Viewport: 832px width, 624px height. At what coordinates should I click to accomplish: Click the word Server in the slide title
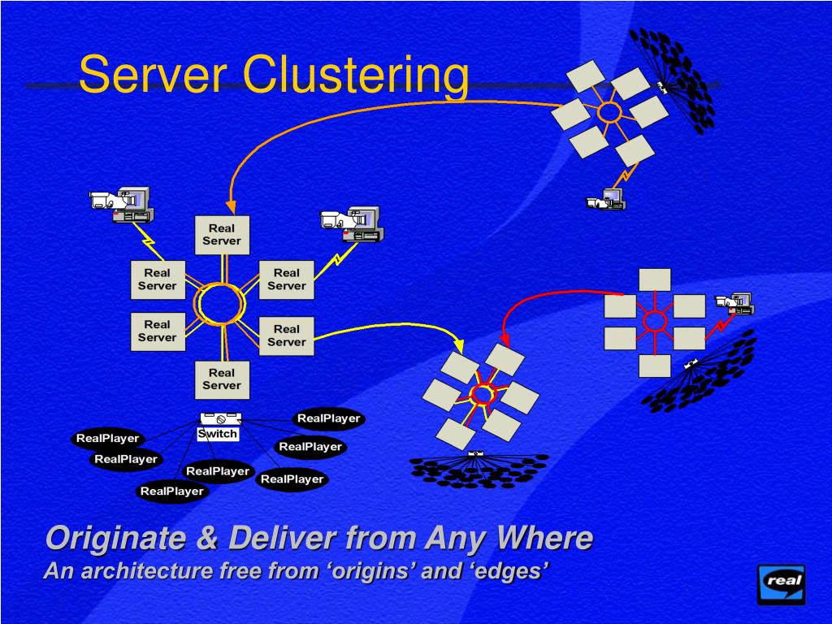(x=153, y=75)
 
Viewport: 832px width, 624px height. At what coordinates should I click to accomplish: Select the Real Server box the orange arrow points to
(x=222, y=235)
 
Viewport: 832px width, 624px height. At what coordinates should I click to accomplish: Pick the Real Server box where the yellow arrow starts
(x=286, y=336)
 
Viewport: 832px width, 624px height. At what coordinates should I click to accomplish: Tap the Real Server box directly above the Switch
(x=222, y=379)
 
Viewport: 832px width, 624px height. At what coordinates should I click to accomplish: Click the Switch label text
(x=218, y=434)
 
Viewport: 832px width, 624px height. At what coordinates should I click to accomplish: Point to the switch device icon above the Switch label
(x=220, y=418)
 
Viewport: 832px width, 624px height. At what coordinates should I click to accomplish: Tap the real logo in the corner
(x=781, y=583)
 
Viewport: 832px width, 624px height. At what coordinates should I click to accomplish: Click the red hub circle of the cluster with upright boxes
(x=654, y=322)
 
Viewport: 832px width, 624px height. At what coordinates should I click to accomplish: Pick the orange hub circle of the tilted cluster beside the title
(x=609, y=112)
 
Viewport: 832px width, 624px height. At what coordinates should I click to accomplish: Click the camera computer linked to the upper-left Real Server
(x=123, y=204)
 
